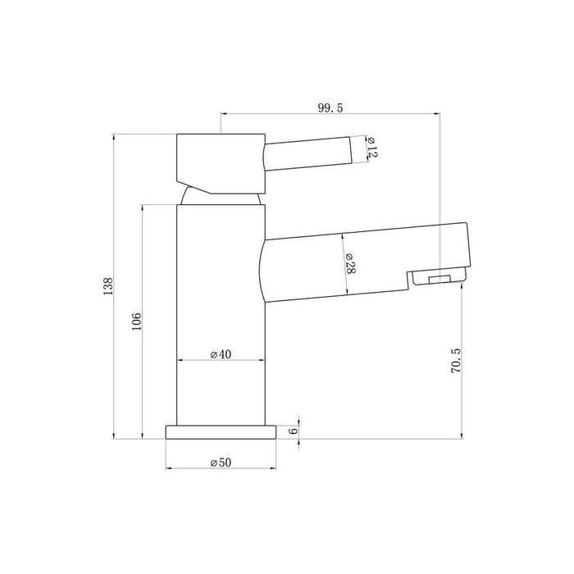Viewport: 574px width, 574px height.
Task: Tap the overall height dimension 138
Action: pyautogui.click(x=107, y=286)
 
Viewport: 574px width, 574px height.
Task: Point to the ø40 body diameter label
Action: pyautogui.click(x=222, y=354)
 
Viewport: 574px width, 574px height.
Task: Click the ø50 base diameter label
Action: pyautogui.click(x=221, y=462)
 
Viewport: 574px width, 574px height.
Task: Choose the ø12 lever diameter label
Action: pyautogui.click(x=370, y=148)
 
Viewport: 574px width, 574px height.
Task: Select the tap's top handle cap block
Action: pyautogui.click(x=220, y=161)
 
